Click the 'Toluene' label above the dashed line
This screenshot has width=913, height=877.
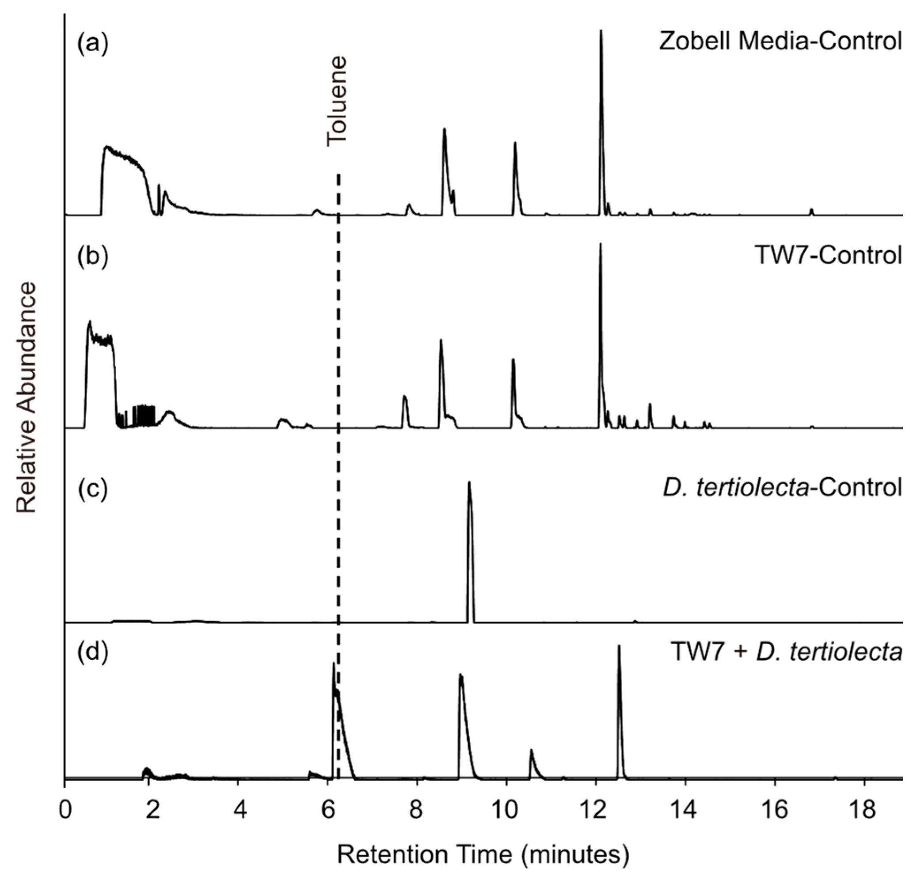tap(337, 102)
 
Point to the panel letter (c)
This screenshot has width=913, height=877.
tap(93, 488)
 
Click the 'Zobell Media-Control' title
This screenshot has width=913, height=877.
tap(780, 42)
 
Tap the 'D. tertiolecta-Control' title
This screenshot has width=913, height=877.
tap(783, 488)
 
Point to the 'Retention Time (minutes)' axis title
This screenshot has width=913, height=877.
tap(483, 854)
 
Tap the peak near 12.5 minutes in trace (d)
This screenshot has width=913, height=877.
tap(619, 646)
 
